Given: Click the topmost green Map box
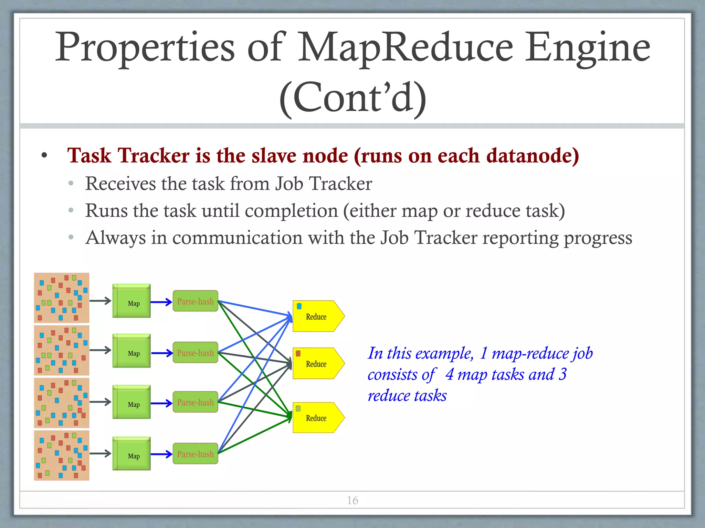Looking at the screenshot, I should (x=131, y=301).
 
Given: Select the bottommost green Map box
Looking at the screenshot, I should (x=131, y=454).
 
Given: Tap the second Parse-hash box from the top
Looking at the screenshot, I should (x=195, y=353).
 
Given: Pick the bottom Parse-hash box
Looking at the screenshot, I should (x=195, y=454).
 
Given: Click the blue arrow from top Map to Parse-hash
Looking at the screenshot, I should (x=161, y=302).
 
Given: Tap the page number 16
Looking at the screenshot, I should (x=352, y=500).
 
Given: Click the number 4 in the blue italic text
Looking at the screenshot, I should (x=449, y=374).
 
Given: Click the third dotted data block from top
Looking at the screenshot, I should (x=62, y=403).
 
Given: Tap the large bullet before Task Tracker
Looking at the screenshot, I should (x=44, y=156).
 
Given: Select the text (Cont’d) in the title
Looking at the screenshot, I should (x=352, y=98).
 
